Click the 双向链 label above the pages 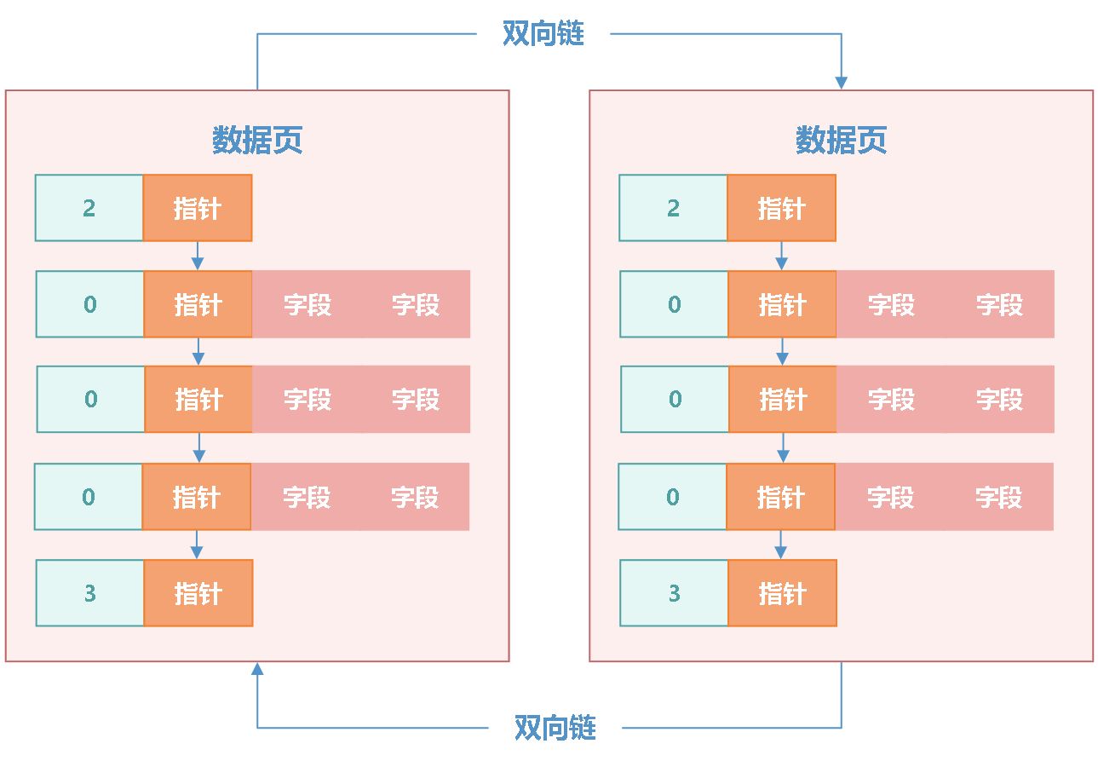coord(543,34)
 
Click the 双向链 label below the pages coord(555,728)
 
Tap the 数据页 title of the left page coord(257,141)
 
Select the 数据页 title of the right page coord(841,141)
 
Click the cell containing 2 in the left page coord(89,208)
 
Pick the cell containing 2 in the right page coord(674,208)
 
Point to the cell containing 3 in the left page coord(89,593)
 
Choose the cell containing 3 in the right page coord(674,593)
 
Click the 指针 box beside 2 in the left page coord(198,208)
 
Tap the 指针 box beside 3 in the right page coord(782,593)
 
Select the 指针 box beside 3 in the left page coord(198,593)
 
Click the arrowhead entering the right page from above coord(841,82)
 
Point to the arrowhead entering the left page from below coord(257,671)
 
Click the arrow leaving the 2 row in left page coord(198,256)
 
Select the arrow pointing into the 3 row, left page coord(198,545)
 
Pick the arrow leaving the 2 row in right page coord(782,256)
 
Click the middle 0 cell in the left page coord(90,399)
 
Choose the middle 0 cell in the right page coord(675,399)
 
